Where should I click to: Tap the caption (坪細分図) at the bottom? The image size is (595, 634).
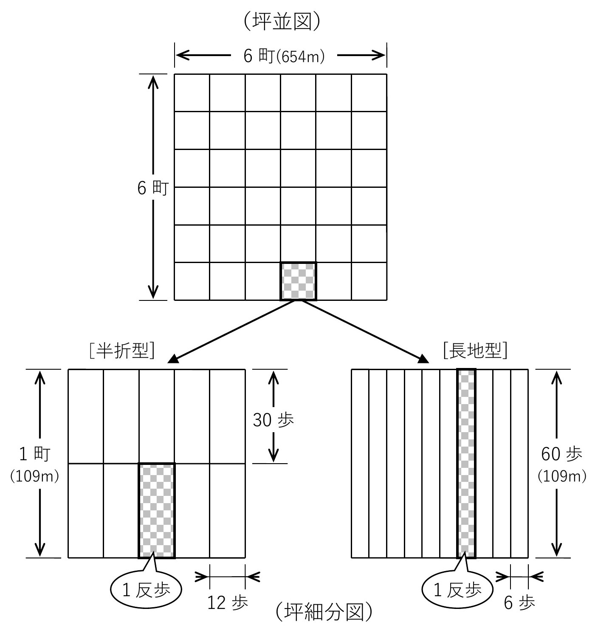[324, 611]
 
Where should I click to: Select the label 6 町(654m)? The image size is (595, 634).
[284, 56]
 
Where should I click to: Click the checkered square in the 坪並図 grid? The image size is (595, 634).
[298, 281]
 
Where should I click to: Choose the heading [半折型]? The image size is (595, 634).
[121, 351]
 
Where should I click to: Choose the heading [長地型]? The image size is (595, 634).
[475, 351]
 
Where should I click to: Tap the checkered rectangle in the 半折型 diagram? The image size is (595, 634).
[156, 510]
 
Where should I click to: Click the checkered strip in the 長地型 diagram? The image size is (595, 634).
[466, 463]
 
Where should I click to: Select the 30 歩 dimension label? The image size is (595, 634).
[273, 420]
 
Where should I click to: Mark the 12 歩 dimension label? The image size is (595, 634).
[227, 602]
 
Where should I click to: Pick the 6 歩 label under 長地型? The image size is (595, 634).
[519, 602]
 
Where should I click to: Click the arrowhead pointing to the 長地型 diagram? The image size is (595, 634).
[423, 359]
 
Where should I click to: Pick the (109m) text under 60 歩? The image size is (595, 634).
[562, 476]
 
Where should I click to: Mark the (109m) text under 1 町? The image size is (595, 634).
[34, 476]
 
